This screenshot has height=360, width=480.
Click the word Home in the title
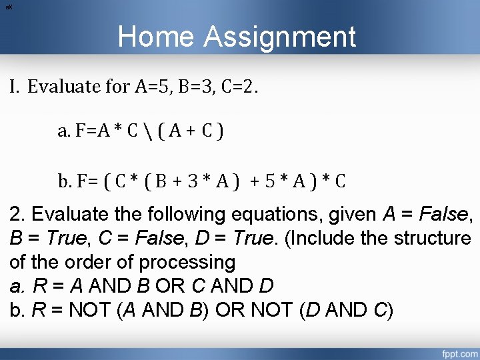(157, 37)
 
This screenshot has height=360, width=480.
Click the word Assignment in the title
(280, 38)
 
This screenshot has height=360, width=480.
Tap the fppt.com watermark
(458, 351)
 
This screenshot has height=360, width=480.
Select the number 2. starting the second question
(18, 215)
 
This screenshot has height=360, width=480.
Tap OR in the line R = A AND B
(171, 286)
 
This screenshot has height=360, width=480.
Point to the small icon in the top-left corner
(7, 6)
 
